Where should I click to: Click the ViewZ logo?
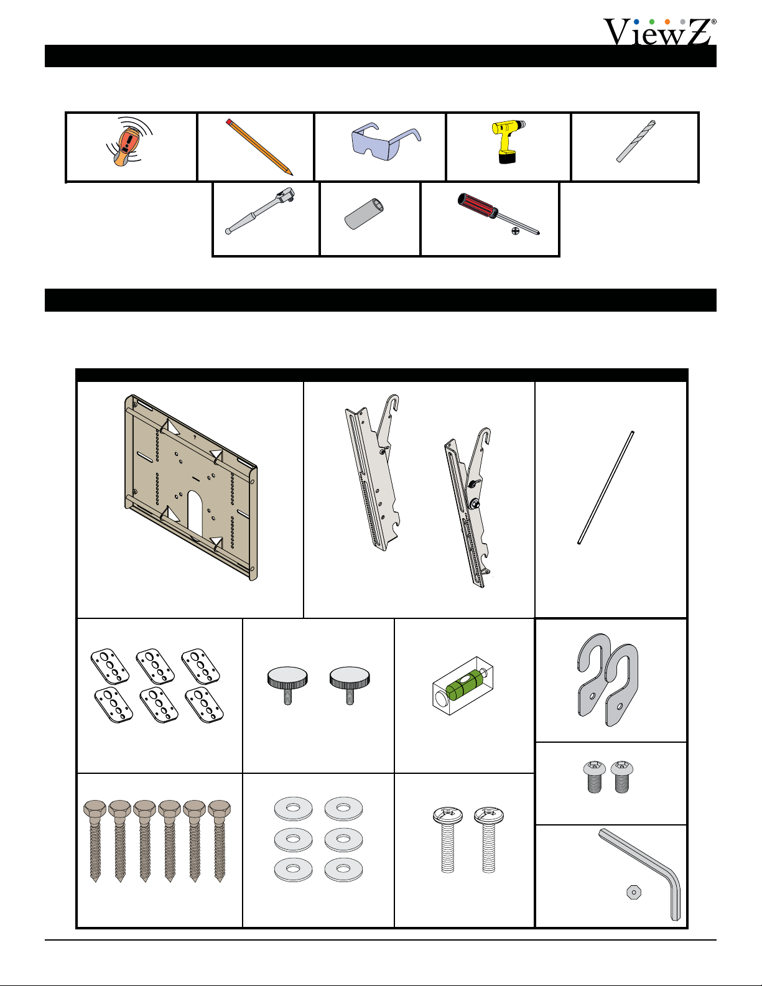(659, 32)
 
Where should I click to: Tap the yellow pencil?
(259, 147)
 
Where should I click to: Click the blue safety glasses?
(386, 141)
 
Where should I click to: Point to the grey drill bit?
(636, 141)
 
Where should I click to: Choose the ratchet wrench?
(260, 211)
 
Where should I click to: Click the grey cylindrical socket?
(364, 214)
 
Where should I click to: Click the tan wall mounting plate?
(191, 487)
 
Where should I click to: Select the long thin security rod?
(605, 487)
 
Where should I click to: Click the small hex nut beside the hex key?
(634, 893)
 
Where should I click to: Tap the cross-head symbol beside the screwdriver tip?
(515, 231)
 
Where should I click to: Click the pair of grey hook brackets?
(608, 680)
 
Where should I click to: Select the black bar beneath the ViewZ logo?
(381, 56)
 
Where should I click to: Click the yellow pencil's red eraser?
(229, 121)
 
